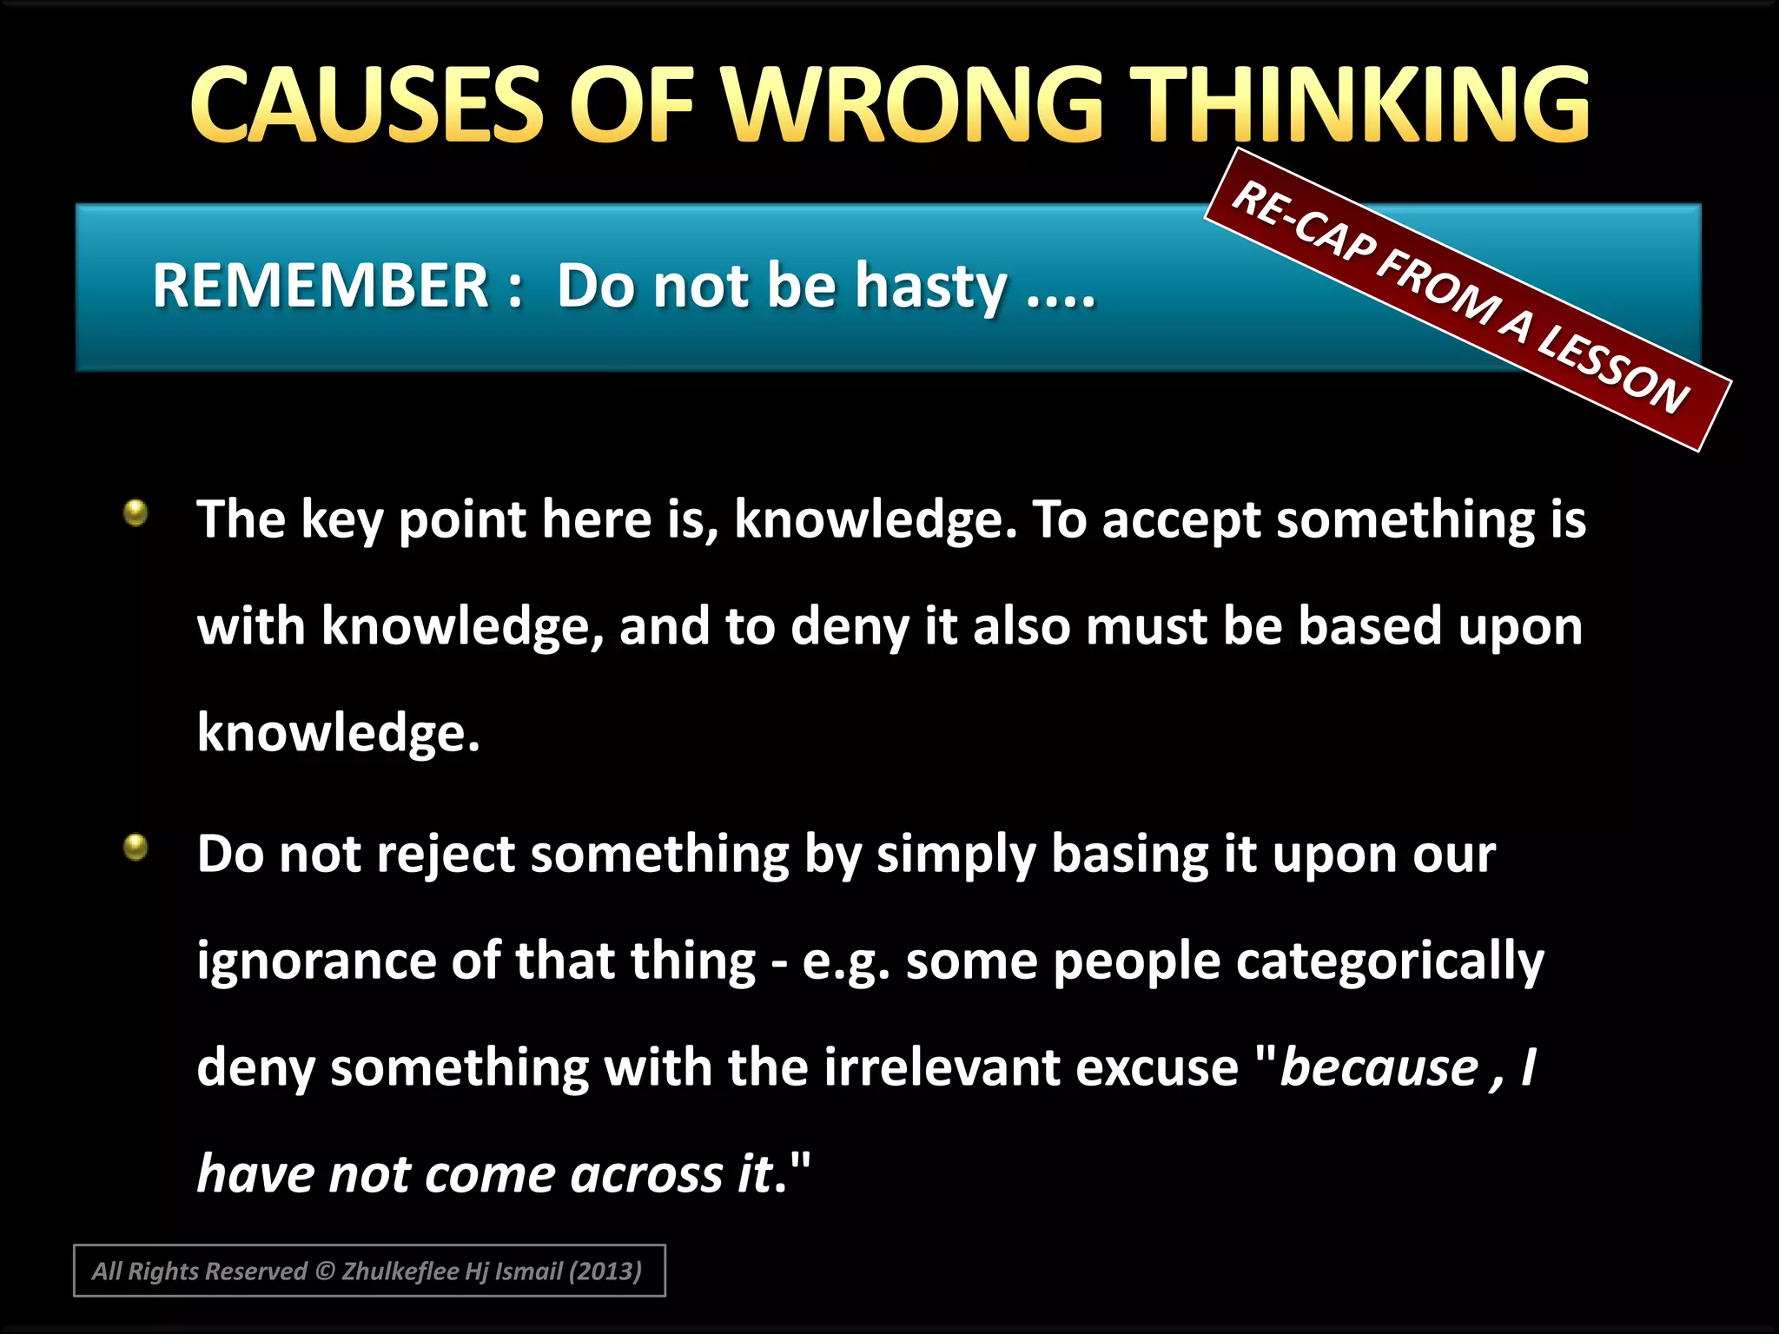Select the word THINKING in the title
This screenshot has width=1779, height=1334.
pos(1364,106)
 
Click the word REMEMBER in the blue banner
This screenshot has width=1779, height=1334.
pos(321,286)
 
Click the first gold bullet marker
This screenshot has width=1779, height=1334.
pos(136,513)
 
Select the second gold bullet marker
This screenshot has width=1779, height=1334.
pos(136,847)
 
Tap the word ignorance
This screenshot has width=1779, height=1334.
pos(316,961)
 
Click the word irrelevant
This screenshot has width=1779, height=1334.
pos(942,1067)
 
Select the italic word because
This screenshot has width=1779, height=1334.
pos(1379,1067)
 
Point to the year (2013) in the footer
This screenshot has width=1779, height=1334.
pos(605,1271)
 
